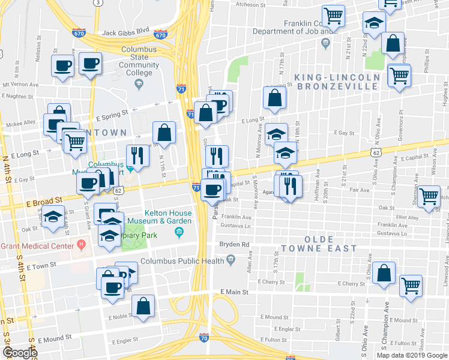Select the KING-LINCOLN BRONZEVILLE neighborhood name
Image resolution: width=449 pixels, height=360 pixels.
tap(337, 82)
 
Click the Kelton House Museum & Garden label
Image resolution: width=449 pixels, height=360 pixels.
tap(168, 217)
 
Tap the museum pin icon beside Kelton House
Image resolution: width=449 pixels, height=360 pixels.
tap(178, 232)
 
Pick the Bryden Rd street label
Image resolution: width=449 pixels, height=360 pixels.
tap(234, 245)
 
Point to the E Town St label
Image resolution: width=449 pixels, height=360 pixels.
tap(41, 264)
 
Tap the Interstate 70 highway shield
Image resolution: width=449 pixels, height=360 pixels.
tap(204, 338)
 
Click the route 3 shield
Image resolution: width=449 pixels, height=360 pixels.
tap(97, 2)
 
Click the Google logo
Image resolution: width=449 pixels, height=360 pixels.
tap(20, 352)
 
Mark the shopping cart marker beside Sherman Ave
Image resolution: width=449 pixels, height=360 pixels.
tap(429, 196)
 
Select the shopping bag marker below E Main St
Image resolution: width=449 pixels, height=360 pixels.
tap(144, 305)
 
